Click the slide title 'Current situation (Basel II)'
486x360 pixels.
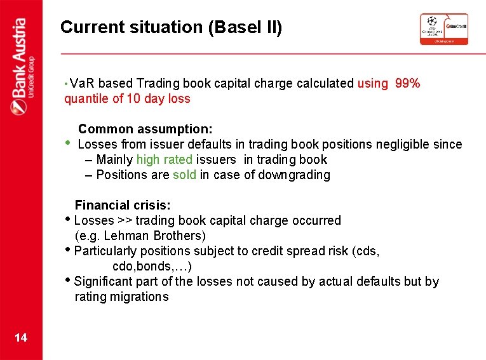point(171,27)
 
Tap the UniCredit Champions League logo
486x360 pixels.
point(443,29)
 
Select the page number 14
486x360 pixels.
point(21,337)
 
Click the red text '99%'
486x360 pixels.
point(407,83)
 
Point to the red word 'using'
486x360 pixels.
point(372,83)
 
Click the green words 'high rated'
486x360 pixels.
point(165,159)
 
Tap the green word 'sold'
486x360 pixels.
point(184,175)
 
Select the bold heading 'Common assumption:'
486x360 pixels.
point(145,129)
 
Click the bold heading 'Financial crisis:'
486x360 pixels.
point(123,205)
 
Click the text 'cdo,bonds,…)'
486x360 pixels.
point(152,266)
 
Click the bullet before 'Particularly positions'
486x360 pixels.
point(69,250)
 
